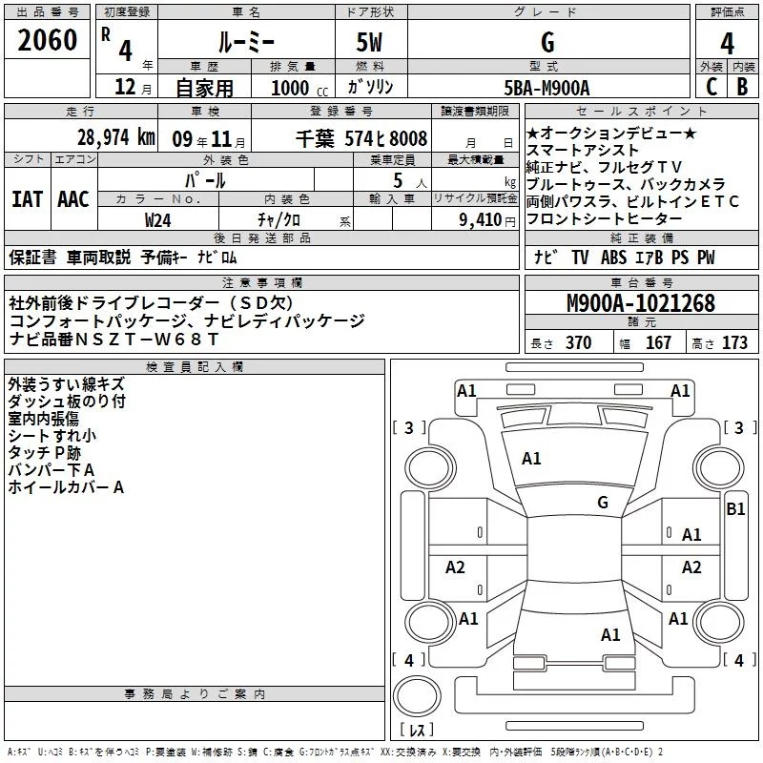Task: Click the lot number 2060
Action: [48, 41]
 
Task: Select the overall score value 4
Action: [727, 43]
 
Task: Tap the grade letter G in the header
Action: [546, 43]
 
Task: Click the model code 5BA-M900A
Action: [546, 88]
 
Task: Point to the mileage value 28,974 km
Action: [115, 136]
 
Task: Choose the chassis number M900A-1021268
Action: [640, 303]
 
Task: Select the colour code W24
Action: [158, 219]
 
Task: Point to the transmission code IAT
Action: [27, 199]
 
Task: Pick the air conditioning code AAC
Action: [72, 199]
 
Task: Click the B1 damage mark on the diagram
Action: [735, 509]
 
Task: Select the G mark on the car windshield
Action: [603, 503]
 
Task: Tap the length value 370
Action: [578, 343]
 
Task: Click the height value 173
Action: [734, 343]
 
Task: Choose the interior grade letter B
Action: [742, 88]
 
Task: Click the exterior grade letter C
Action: [711, 88]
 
